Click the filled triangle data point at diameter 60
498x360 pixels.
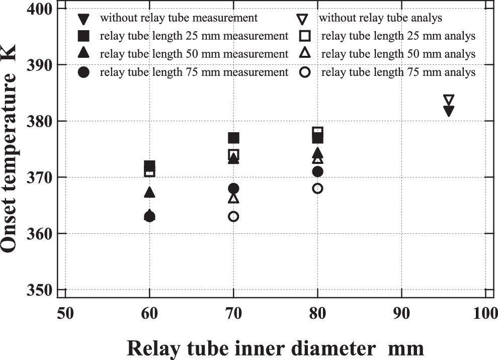(149, 192)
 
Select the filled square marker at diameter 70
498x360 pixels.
(233, 138)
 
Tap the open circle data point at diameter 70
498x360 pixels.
(233, 217)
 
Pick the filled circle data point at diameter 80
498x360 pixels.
(317, 171)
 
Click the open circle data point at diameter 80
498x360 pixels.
(317, 189)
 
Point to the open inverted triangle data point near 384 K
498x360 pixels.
(449, 100)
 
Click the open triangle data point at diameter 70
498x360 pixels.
(233, 198)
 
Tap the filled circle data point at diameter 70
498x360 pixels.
(233, 189)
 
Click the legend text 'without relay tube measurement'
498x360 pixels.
(179, 18)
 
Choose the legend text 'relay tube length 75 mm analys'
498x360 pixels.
(398, 72)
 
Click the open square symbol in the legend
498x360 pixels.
(304, 36)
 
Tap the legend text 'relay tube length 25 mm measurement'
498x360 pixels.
(194, 36)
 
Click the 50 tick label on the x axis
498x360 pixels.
(65, 315)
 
